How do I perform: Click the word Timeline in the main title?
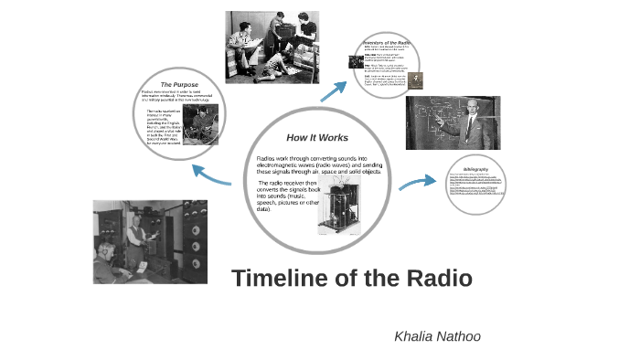coord(277,279)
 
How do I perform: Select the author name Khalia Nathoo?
coord(437,336)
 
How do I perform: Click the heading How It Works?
coord(317,137)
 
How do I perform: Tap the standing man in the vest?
coord(137,236)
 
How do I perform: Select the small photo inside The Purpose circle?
coord(201,125)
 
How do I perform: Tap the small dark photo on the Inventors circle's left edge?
coord(356,62)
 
